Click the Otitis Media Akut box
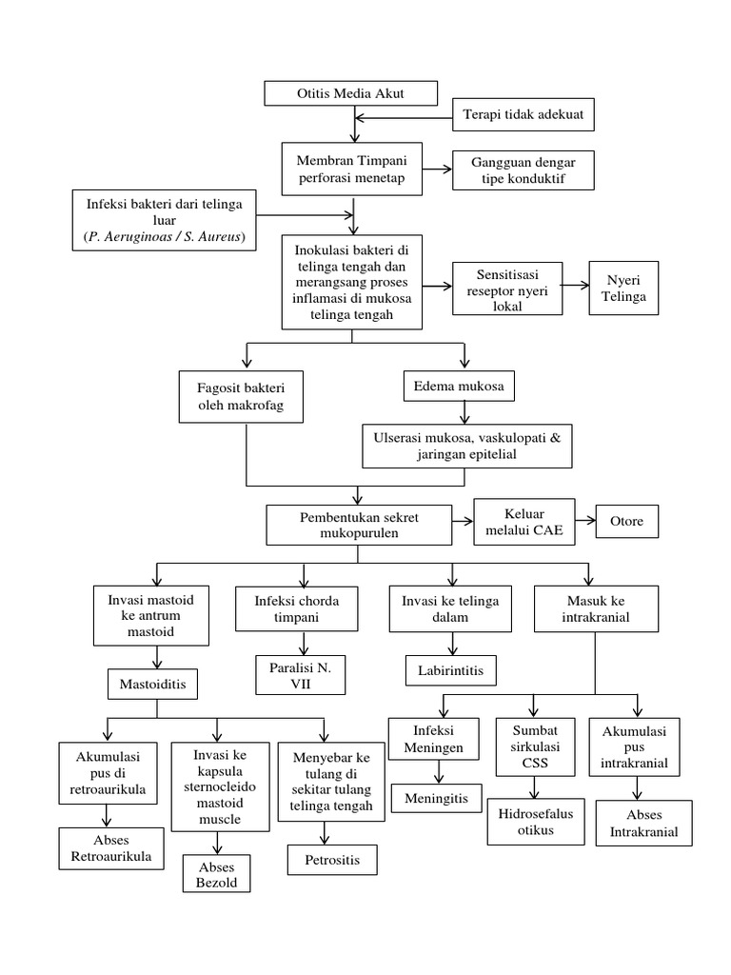pos(350,93)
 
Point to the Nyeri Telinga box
pos(622,287)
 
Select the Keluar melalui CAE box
pos(524,522)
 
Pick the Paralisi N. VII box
pos(298,674)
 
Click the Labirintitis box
pos(450,670)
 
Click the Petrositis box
pos(332,860)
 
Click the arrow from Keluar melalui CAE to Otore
pos(585,521)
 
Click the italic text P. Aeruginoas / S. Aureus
pos(164,237)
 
